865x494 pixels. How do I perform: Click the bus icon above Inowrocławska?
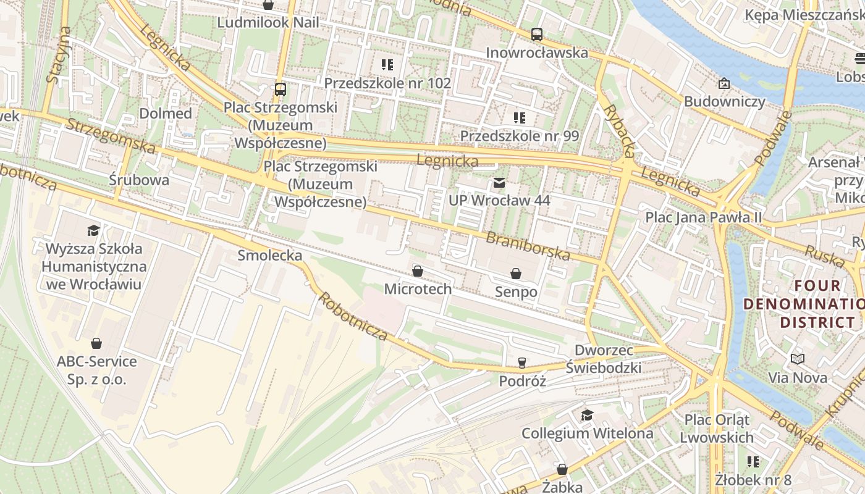(x=536, y=35)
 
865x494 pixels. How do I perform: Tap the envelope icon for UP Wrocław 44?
(x=499, y=183)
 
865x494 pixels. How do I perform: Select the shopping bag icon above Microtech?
(x=418, y=271)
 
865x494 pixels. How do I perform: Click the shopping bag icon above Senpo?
(x=516, y=273)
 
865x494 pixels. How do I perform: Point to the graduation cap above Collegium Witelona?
(x=587, y=415)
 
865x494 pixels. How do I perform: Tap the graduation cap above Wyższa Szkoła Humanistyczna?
(x=93, y=230)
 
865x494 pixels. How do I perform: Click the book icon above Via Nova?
(x=798, y=359)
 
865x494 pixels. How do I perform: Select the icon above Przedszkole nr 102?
(x=387, y=65)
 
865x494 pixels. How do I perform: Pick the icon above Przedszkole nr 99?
(x=519, y=117)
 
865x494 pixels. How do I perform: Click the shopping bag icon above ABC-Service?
(x=96, y=343)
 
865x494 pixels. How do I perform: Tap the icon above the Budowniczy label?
(x=724, y=83)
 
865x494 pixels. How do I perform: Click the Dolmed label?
(x=166, y=114)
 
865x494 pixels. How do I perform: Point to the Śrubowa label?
(x=139, y=180)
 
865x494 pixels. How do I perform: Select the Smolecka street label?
(x=270, y=255)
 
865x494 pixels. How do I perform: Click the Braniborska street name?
(x=528, y=246)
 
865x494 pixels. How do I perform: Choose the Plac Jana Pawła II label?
(x=704, y=217)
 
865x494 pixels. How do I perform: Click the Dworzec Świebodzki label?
(x=604, y=359)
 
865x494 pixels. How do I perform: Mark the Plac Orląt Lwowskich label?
(x=717, y=429)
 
